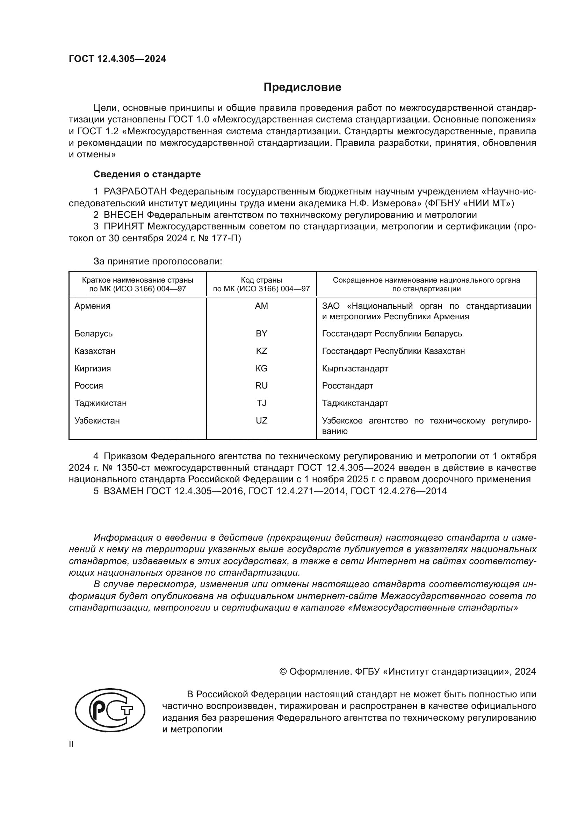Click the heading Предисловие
(x=302, y=87)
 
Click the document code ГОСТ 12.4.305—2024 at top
(x=117, y=59)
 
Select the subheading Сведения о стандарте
(x=147, y=174)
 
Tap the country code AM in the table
(x=261, y=306)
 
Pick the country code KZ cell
(x=261, y=351)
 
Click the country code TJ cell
(x=261, y=403)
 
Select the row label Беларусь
(x=94, y=334)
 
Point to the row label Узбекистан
(x=97, y=420)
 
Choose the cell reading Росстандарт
(x=347, y=385)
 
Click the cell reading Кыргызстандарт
(x=355, y=368)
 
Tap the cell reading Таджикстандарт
(x=355, y=403)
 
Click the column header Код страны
(x=261, y=280)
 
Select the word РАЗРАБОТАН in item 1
(x=135, y=192)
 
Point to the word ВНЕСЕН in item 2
(x=124, y=215)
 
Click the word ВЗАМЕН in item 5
(x=123, y=491)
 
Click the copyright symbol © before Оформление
(x=283, y=671)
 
